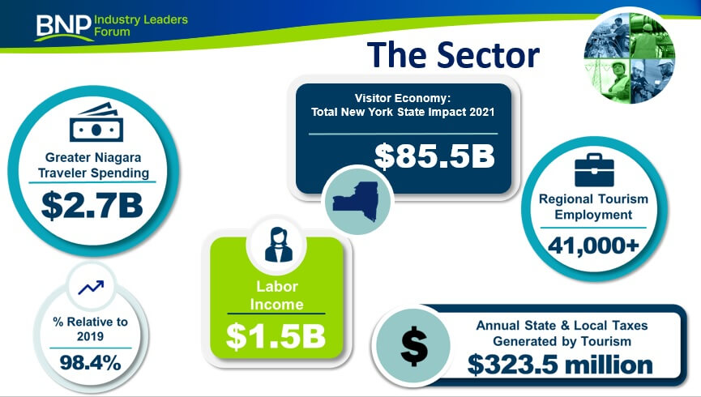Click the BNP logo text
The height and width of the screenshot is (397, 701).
pyautogui.click(x=63, y=26)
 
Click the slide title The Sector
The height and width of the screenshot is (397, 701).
pyautogui.click(x=453, y=54)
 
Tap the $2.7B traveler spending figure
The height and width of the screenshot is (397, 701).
pyautogui.click(x=92, y=206)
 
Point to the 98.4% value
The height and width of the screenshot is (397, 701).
pyautogui.click(x=90, y=363)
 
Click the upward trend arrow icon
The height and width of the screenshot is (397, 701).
pyautogui.click(x=91, y=288)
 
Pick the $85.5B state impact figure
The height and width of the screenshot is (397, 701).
pyautogui.click(x=434, y=156)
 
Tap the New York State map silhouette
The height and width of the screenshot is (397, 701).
pyautogui.click(x=357, y=201)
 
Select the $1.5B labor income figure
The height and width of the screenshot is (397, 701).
pyautogui.click(x=276, y=336)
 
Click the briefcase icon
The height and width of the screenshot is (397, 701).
pyautogui.click(x=594, y=170)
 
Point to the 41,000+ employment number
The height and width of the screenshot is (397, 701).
pyautogui.click(x=594, y=245)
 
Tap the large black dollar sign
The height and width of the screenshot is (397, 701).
pyautogui.click(x=414, y=346)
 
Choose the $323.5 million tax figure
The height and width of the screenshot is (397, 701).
pyautogui.click(x=560, y=365)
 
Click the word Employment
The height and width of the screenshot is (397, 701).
pyautogui.click(x=593, y=215)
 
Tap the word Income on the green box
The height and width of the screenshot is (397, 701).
pyautogui.click(x=276, y=305)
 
